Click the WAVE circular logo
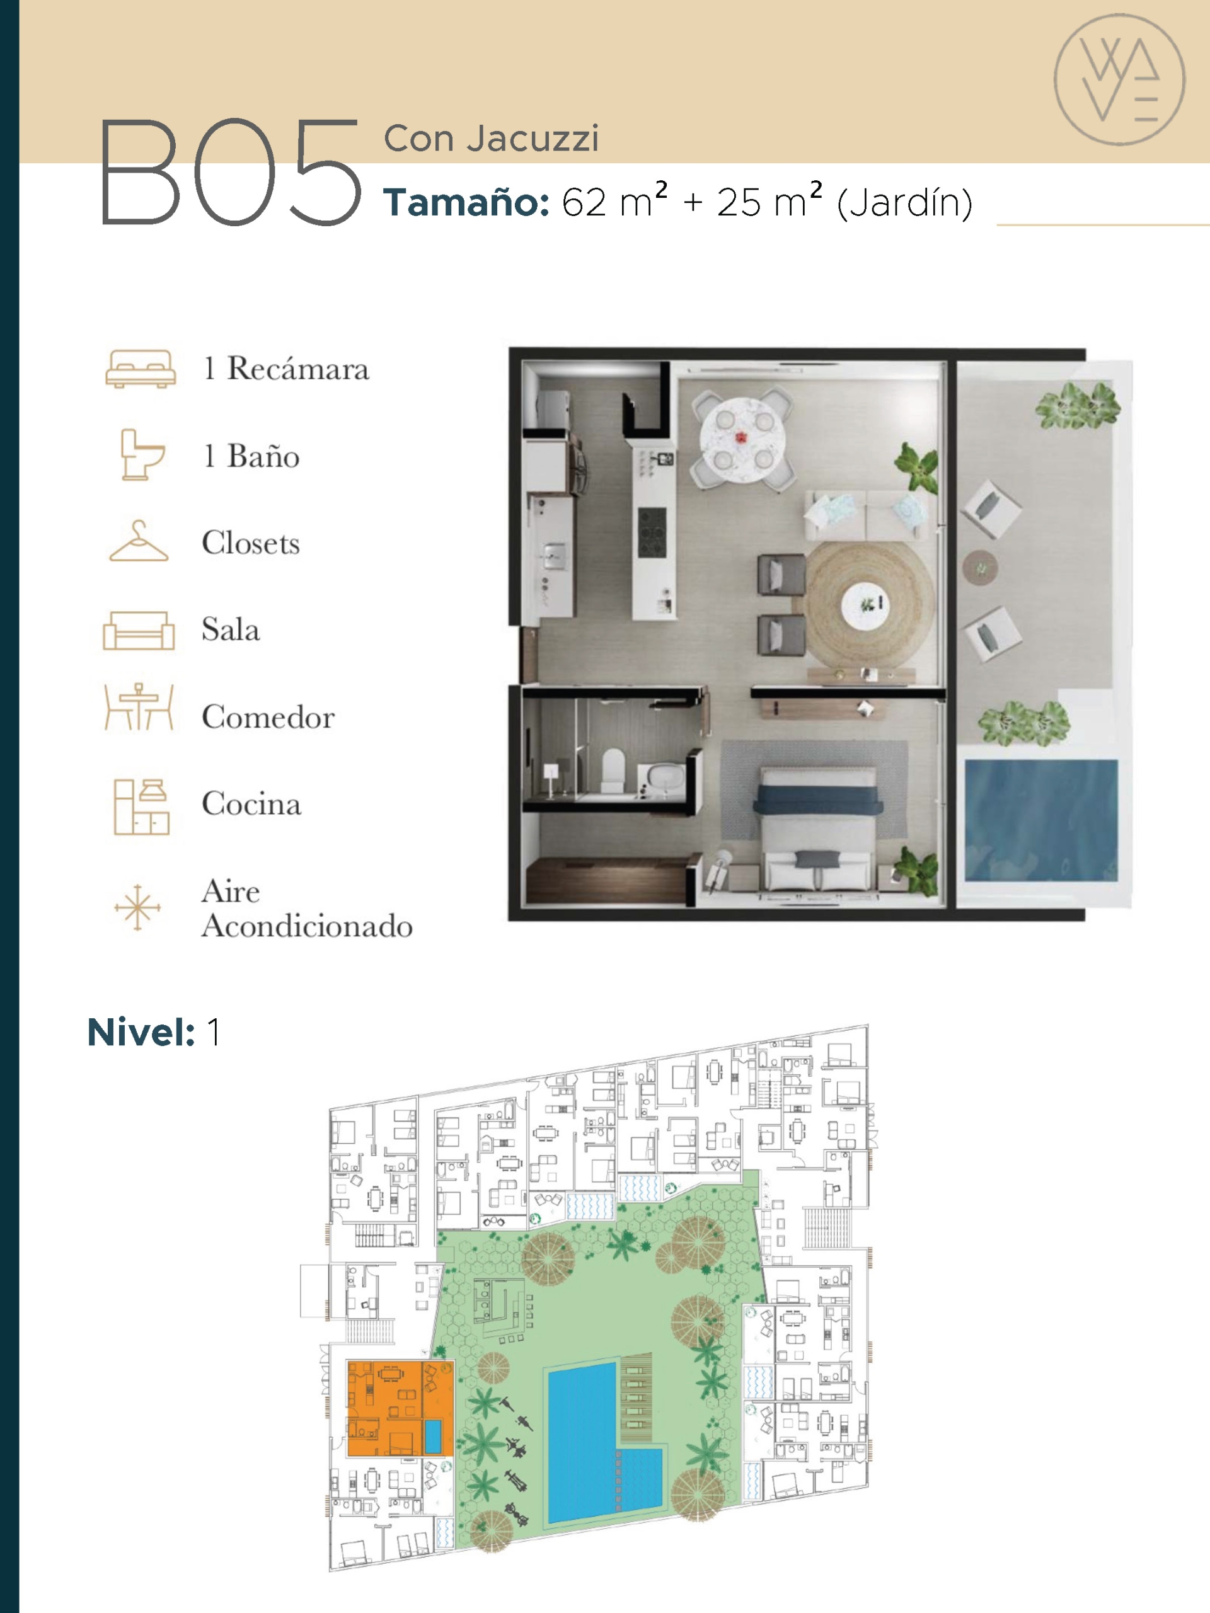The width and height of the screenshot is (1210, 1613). click(x=1119, y=79)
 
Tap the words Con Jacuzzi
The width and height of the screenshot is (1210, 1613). click(x=491, y=139)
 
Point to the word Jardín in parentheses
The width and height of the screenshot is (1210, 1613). click(x=904, y=203)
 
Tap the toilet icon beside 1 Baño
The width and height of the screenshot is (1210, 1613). click(x=142, y=454)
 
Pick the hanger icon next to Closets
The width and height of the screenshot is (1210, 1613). click(x=139, y=541)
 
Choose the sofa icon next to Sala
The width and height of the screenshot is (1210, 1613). click(x=139, y=629)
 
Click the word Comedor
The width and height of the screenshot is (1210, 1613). click(x=268, y=717)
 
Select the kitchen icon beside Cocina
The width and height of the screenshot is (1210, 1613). click(x=141, y=806)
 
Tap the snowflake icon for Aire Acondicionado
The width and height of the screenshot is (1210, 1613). click(x=137, y=908)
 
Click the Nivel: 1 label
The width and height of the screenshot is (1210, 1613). click(x=153, y=1033)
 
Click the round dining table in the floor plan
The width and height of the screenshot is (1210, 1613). click(x=742, y=440)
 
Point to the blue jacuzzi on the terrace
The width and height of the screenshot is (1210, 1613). click(x=1041, y=820)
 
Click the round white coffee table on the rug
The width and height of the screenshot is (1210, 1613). click(x=865, y=606)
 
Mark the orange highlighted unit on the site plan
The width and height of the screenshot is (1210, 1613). click(x=400, y=1408)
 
